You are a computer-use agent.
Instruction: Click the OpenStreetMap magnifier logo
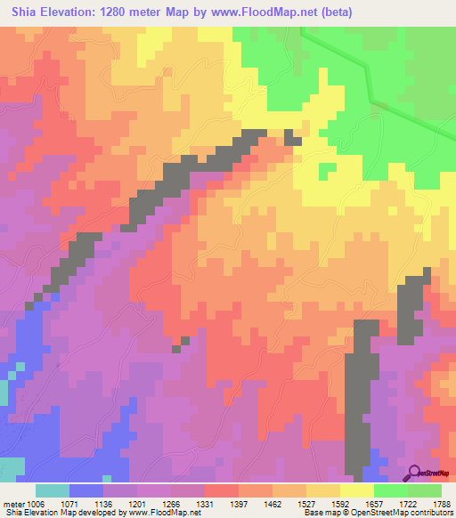click(414, 472)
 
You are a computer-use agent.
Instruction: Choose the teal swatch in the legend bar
click(53, 490)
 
